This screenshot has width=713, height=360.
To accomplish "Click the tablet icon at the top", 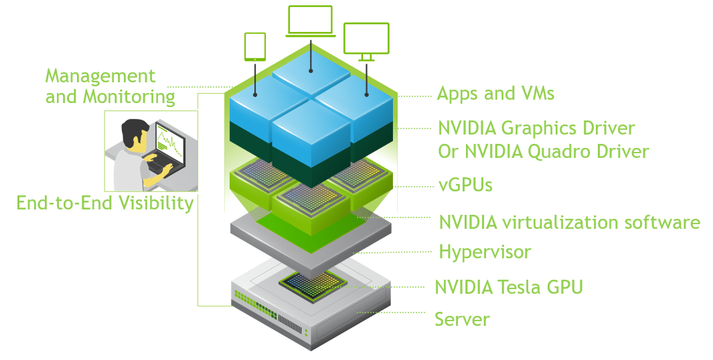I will click(255, 46).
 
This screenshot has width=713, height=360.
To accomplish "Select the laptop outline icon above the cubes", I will click(310, 21).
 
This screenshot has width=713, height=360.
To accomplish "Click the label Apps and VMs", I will click(495, 93).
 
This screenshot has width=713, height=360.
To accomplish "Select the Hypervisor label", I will click(484, 252).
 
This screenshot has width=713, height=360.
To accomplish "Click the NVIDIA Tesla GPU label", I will click(509, 287).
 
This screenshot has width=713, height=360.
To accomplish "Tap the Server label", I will click(462, 319).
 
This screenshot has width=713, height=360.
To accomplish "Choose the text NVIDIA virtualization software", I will click(569, 222).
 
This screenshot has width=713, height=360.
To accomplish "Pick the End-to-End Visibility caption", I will click(105, 203).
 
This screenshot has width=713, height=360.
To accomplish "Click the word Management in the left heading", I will click(100, 76).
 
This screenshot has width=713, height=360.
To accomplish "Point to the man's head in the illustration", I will click(136, 132).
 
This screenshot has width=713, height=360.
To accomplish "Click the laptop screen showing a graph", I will click(170, 141).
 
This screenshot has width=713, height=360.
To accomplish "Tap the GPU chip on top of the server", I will click(312, 283).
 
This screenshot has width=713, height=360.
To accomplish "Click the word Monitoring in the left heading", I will click(129, 97).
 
